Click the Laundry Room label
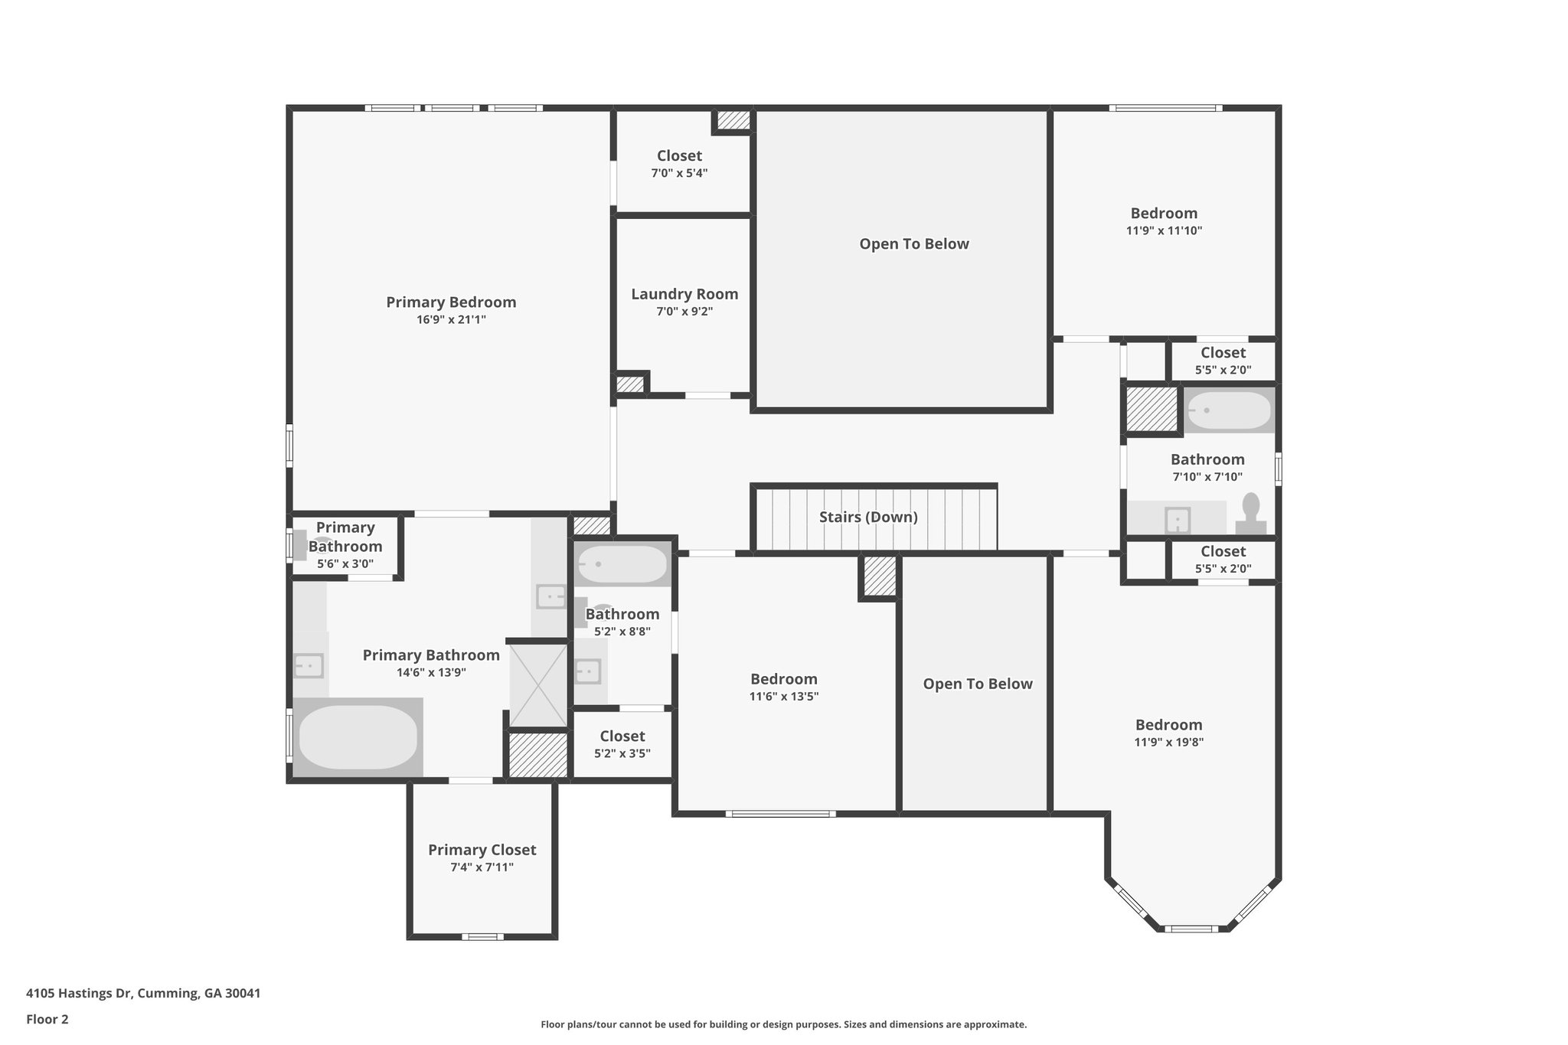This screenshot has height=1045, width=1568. tap(684, 294)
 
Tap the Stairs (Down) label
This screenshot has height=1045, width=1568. tap(868, 517)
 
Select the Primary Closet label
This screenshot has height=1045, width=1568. tap(482, 850)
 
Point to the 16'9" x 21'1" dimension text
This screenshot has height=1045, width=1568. tap(451, 320)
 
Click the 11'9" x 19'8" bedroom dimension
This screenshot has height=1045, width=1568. tap(1168, 742)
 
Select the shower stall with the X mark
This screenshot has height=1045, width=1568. tap(538, 685)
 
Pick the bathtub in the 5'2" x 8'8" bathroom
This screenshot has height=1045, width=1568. tap(622, 564)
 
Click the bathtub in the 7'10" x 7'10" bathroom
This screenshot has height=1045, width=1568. tap(1229, 410)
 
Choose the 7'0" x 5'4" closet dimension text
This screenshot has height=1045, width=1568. tap(679, 173)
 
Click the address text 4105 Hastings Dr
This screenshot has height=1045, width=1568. tap(78, 994)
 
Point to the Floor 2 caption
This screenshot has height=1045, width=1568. tap(47, 1019)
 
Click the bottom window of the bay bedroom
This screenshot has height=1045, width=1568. tap(1191, 929)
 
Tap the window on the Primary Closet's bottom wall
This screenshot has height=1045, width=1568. tap(482, 936)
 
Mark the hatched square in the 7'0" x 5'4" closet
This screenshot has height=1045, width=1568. tap(733, 121)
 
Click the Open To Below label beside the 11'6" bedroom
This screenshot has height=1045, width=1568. tap(978, 684)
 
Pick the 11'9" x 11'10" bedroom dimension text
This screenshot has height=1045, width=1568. tap(1164, 230)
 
